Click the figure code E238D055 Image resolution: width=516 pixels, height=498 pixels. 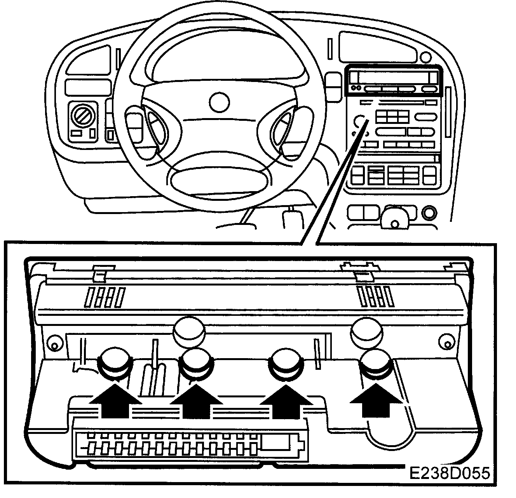click(x=449, y=474)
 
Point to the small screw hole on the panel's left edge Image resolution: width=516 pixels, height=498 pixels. click(x=53, y=344)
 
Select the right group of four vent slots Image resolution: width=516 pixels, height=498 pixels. click(x=374, y=296)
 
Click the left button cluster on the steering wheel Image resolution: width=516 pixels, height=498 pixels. click(x=157, y=126)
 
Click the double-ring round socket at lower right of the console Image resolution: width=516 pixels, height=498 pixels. click(x=429, y=213)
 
